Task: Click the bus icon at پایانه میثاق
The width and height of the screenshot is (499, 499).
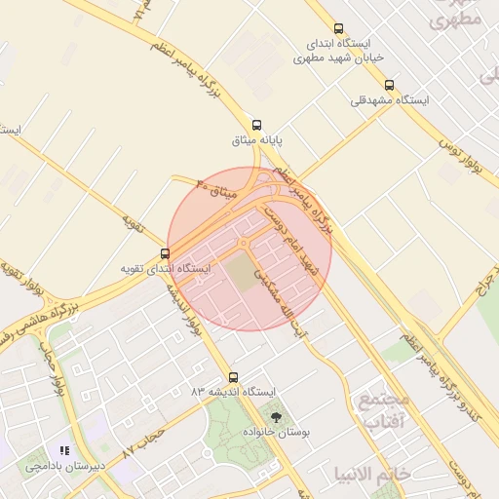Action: click(x=256, y=125)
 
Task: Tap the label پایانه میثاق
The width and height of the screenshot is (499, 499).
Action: click(x=257, y=141)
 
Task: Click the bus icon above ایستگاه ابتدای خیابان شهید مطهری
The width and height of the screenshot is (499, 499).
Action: click(x=338, y=29)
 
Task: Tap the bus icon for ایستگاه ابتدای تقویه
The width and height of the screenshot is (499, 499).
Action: click(x=164, y=251)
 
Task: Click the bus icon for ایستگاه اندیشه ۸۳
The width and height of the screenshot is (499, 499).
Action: click(x=232, y=377)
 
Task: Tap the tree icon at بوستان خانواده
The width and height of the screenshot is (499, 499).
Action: click(x=277, y=417)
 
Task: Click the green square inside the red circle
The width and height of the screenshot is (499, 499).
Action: click(x=240, y=272)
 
